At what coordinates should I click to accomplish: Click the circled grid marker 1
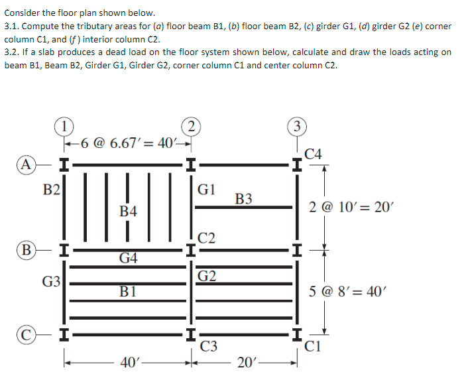(64, 126)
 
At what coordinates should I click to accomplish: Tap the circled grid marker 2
(191, 126)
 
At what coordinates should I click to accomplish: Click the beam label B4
(129, 212)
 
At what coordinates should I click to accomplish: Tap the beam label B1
(129, 290)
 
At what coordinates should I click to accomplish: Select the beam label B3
(244, 198)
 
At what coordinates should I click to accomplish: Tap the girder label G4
(129, 258)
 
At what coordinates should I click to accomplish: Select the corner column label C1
(315, 345)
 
